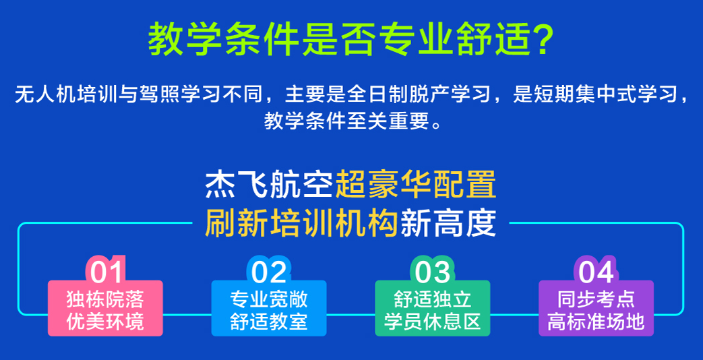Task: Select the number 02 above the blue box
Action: [x=269, y=272]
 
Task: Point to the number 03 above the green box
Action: [x=432, y=272]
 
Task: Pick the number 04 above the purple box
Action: [x=596, y=272]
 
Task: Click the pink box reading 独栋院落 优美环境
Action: [x=105, y=309]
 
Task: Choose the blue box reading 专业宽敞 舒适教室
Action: [x=269, y=309]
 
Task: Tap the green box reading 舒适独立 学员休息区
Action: [x=432, y=309]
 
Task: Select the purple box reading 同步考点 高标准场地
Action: [x=596, y=309]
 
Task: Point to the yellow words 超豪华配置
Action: [x=416, y=185]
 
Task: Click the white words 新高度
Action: [x=448, y=223]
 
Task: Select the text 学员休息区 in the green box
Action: [x=432, y=321]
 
